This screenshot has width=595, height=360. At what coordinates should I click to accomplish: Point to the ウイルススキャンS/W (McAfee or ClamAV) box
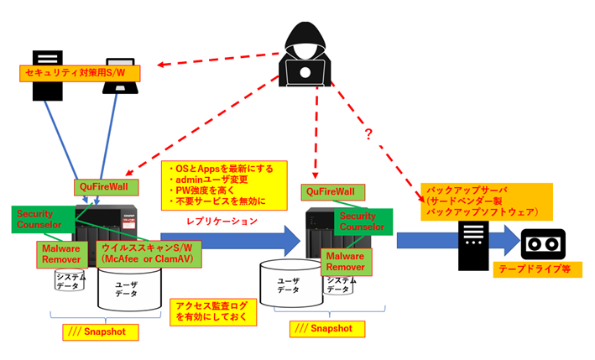point(144,253)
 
